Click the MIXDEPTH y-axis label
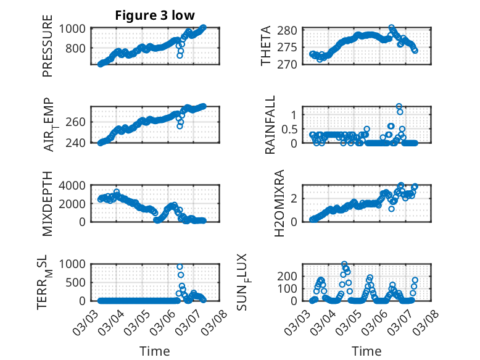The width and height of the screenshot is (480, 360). (48, 204)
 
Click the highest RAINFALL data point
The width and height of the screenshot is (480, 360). (399, 106)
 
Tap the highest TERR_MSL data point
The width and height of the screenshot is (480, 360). (180, 267)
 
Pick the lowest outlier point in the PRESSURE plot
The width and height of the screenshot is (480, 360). (180, 56)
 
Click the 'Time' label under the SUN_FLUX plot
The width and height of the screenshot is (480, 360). (366, 351)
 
